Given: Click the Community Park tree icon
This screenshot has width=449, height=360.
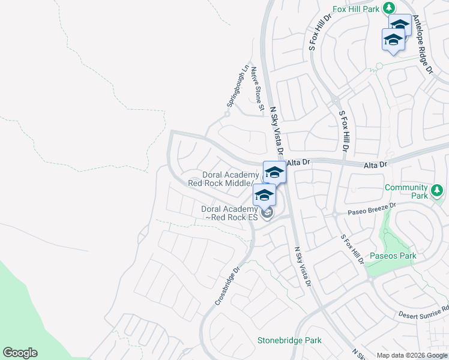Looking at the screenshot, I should pyautogui.click(x=438, y=191).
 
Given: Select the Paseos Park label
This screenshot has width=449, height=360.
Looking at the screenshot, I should pyautogui.click(x=394, y=256).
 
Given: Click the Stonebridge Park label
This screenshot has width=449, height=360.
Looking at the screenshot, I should pyautogui.click(x=289, y=340).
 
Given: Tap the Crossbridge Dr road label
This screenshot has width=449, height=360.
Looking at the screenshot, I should pyautogui.click(x=229, y=287).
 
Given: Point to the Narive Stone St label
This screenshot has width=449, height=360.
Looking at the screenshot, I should pyautogui.click(x=257, y=89).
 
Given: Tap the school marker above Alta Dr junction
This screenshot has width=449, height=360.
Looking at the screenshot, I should pyautogui.click(x=274, y=172).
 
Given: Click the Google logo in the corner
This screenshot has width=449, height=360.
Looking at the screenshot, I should pyautogui.click(x=20, y=353).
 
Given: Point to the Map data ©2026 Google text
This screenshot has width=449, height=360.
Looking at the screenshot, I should pyautogui.click(x=412, y=355).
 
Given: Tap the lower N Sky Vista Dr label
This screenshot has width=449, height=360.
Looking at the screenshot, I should pyautogui.click(x=303, y=266).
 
